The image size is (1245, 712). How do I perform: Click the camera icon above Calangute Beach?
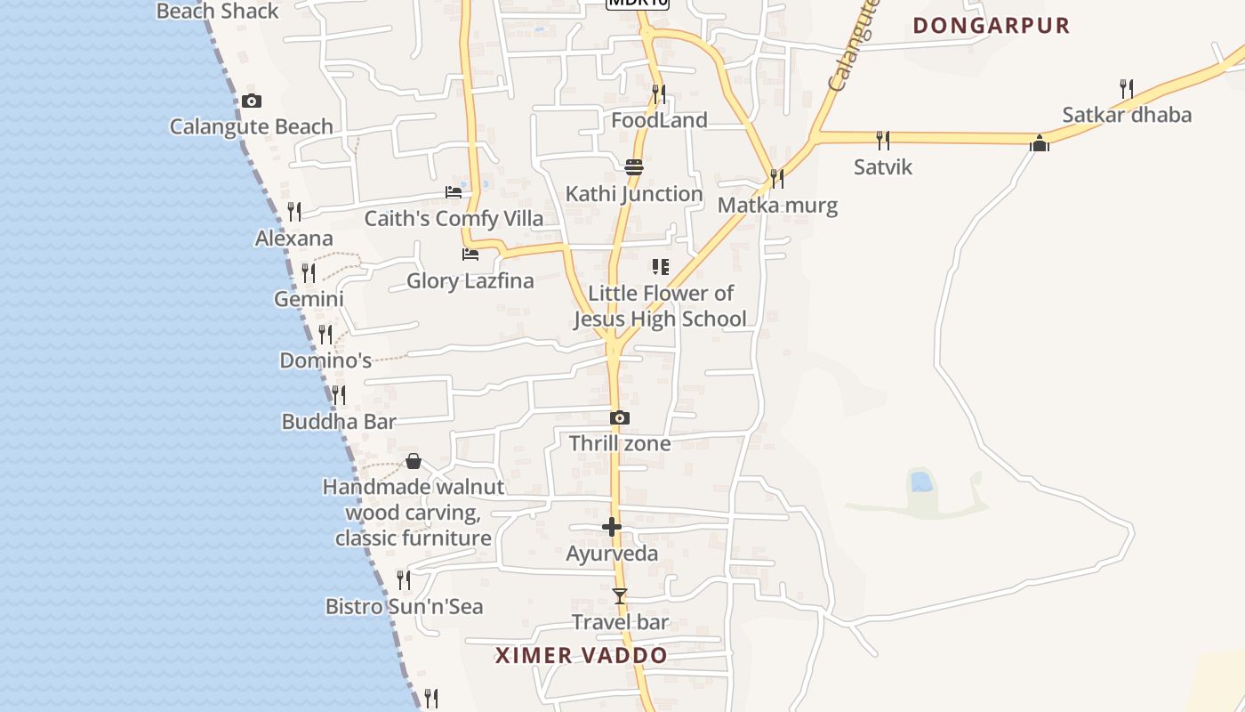(252, 101)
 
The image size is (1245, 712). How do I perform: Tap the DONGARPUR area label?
(991, 25)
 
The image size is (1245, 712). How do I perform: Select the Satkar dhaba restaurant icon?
(1127, 89)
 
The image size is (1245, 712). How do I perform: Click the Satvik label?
(882, 166)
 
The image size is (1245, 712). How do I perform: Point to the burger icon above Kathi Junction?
(634, 166)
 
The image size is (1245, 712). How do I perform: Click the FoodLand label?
(659, 120)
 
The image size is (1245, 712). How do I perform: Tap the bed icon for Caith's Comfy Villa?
(454, 192)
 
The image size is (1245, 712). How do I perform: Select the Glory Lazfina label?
(470, 281)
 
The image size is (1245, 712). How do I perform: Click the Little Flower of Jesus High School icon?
(660, 266)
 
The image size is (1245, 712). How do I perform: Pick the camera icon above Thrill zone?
(620, 417)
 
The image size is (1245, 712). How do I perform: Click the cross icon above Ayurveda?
(612, 527)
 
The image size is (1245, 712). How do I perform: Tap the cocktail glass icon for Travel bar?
(620, 595)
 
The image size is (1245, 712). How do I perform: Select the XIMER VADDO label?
(581, 656)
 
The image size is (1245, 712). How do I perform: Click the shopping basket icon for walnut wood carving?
(414, 461)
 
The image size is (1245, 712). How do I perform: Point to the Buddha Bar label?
(339, 421)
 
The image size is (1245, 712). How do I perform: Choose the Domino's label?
(325, 360)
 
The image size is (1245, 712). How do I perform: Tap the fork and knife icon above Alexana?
(294, 212)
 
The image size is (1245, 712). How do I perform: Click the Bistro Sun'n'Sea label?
(405, 607)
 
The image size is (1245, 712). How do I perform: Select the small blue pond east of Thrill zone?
(922, 482)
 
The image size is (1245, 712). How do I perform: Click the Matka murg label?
(777, 206)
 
